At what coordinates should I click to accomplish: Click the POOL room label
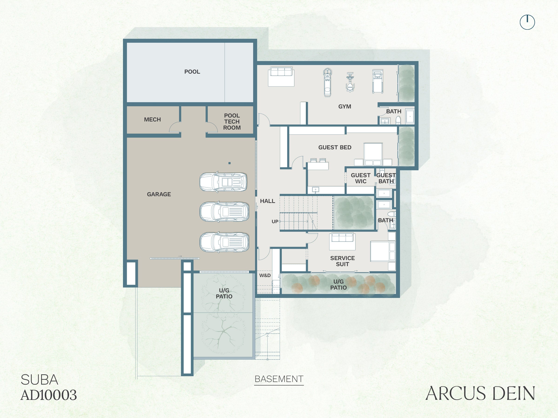click(192, 72)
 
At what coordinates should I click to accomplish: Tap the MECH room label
click(152, 120)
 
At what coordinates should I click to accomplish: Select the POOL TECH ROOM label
click(232, 122)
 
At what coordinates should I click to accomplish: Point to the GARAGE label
click(159, 194)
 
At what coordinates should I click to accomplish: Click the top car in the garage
click(223, 182)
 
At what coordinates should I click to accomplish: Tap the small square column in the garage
click(229, 163)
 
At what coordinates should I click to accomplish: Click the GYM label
click(345, 107)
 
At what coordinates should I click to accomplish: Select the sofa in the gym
click(281, 76)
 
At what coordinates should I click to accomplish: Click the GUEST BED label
click(335, 147)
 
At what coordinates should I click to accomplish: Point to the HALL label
click(267, 201)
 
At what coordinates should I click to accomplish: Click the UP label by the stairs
click(275, 222)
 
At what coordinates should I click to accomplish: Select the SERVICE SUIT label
click(342, 261)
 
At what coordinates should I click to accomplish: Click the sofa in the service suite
click(342, 241)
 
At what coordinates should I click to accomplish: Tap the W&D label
click(265, 275)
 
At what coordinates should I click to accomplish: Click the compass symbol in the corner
click(527, 22)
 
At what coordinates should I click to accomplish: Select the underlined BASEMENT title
click(279, 379)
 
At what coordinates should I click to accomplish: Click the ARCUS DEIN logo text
click(480, 393)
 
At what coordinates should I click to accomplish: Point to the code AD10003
click(49, 395)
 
